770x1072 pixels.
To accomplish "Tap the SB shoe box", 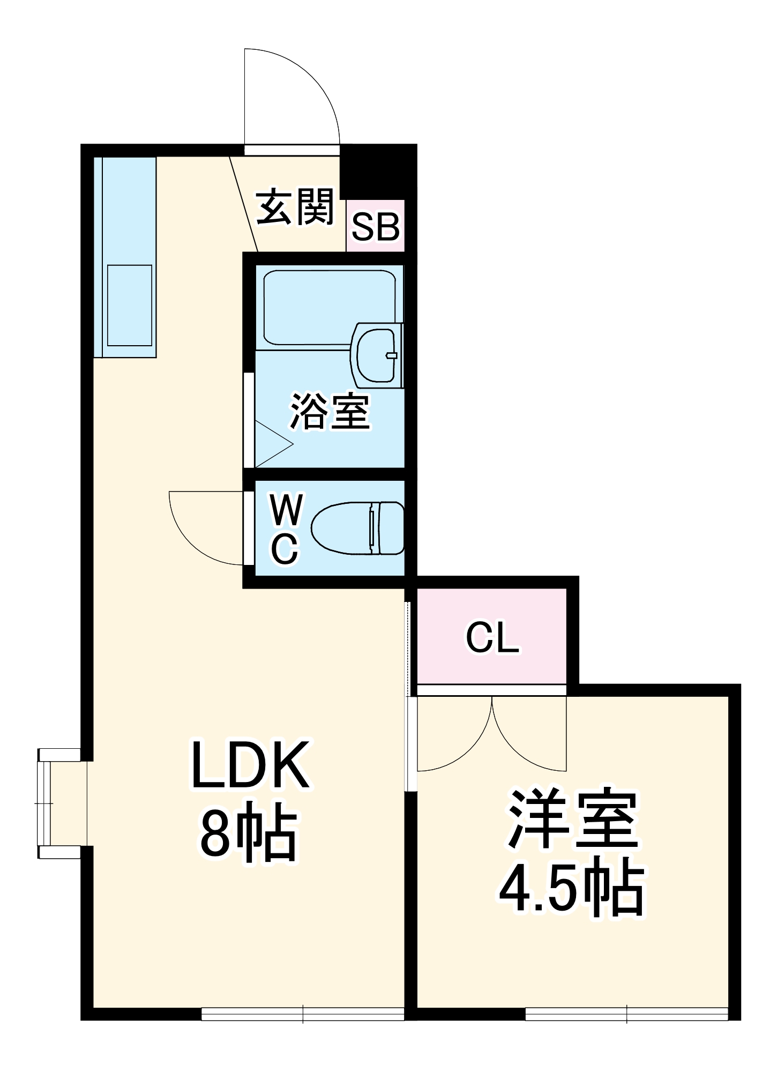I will (x=375, y=227).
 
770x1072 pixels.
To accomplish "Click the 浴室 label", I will (x=330, y=412).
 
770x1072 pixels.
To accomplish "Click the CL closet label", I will (x=492, y=638).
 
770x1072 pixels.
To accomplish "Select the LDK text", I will (x=250, y=765).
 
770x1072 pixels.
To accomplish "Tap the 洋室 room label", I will (x=573, y=820).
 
